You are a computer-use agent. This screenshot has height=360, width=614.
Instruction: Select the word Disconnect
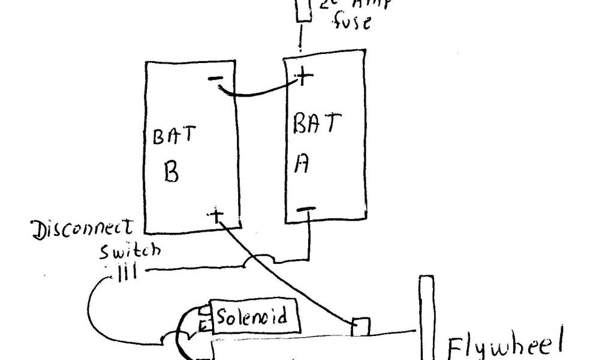click(83, 230)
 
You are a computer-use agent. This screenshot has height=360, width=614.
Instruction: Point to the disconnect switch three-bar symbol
click(126, 273)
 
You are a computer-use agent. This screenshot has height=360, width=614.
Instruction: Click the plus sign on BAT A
click(305, 76)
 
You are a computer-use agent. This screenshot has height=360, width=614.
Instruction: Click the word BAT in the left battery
click(173, 136)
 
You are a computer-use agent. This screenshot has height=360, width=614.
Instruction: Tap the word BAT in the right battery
click(317, 124)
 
